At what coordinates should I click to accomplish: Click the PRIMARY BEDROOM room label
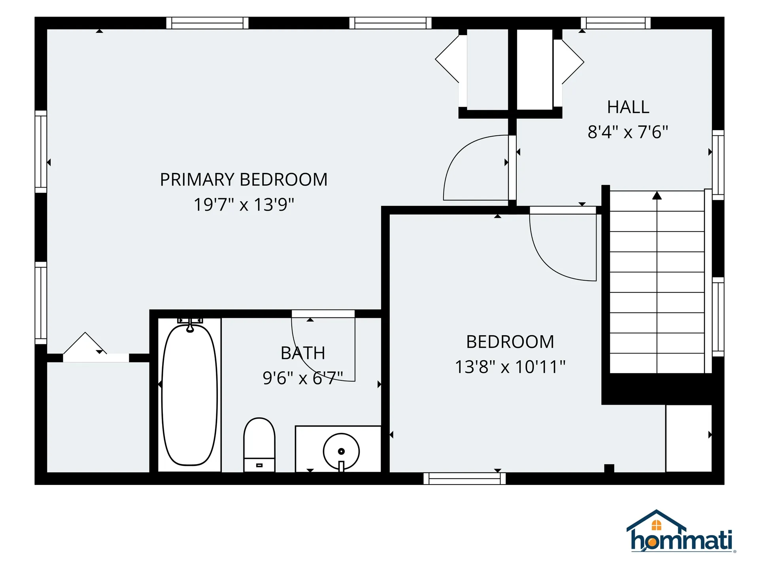click(x=244, y=180)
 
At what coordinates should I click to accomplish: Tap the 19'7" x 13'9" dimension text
click(x=244, y=205)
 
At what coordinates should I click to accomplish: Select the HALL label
click(x=628, y=107)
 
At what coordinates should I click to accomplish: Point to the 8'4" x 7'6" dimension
click(x=628, y=132)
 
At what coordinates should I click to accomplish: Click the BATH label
click(x=303, y=353)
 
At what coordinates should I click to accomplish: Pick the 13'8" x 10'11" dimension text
click(x=510, y=367)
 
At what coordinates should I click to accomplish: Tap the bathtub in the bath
click(x=190, y=394)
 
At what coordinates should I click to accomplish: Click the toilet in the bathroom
click(x=259, y=445)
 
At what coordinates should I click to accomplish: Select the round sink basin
click(x=341, y=451)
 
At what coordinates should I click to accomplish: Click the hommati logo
click(x=681, y=531)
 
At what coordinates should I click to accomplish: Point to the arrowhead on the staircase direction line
click(x=657, y=195)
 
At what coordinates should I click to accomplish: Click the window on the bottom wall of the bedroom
click(x=464, y=479)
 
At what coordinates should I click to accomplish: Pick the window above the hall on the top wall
click(x=616, y=23)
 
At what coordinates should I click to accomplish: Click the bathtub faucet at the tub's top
click(x=190, y=325)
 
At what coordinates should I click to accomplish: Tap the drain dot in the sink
click(x=341, y=451)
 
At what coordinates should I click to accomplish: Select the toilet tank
click(x=259, y=465)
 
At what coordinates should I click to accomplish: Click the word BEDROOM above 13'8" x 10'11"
click(x=510, y=342)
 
